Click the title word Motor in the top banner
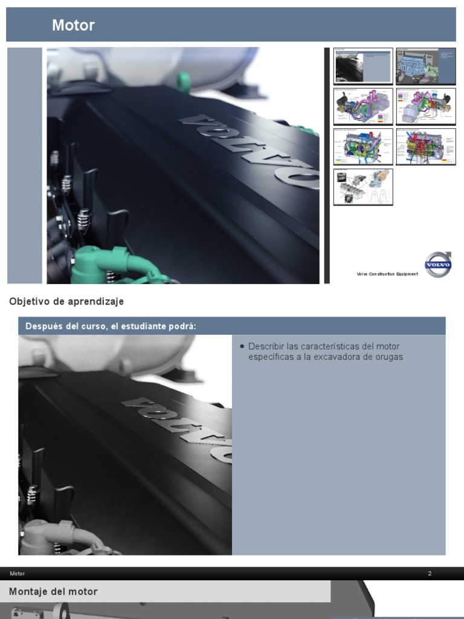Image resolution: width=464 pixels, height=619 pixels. (73, 25)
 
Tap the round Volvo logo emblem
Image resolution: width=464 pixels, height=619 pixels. (437, 265)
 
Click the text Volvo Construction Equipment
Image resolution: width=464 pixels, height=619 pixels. (387, 274)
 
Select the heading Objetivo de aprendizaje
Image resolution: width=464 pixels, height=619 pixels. (66, 301)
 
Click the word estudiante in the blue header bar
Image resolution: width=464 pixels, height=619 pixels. (143, 326)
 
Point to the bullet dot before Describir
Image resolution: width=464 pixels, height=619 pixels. (242, 346)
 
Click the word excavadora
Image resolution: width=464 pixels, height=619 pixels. (349, 357)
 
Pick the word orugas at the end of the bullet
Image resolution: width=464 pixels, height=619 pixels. (390, 357)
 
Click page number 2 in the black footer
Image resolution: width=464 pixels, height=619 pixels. (430, 574)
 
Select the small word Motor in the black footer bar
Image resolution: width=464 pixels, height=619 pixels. (18, 574)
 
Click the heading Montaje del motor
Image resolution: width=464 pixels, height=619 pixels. (53, 592)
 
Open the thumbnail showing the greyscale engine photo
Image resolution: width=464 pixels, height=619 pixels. (363, 66)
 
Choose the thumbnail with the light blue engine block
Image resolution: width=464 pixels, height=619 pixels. (425, 66)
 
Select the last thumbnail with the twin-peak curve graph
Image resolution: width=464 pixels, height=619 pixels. (363, 187)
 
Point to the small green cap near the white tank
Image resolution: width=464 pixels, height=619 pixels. (182, 80)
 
